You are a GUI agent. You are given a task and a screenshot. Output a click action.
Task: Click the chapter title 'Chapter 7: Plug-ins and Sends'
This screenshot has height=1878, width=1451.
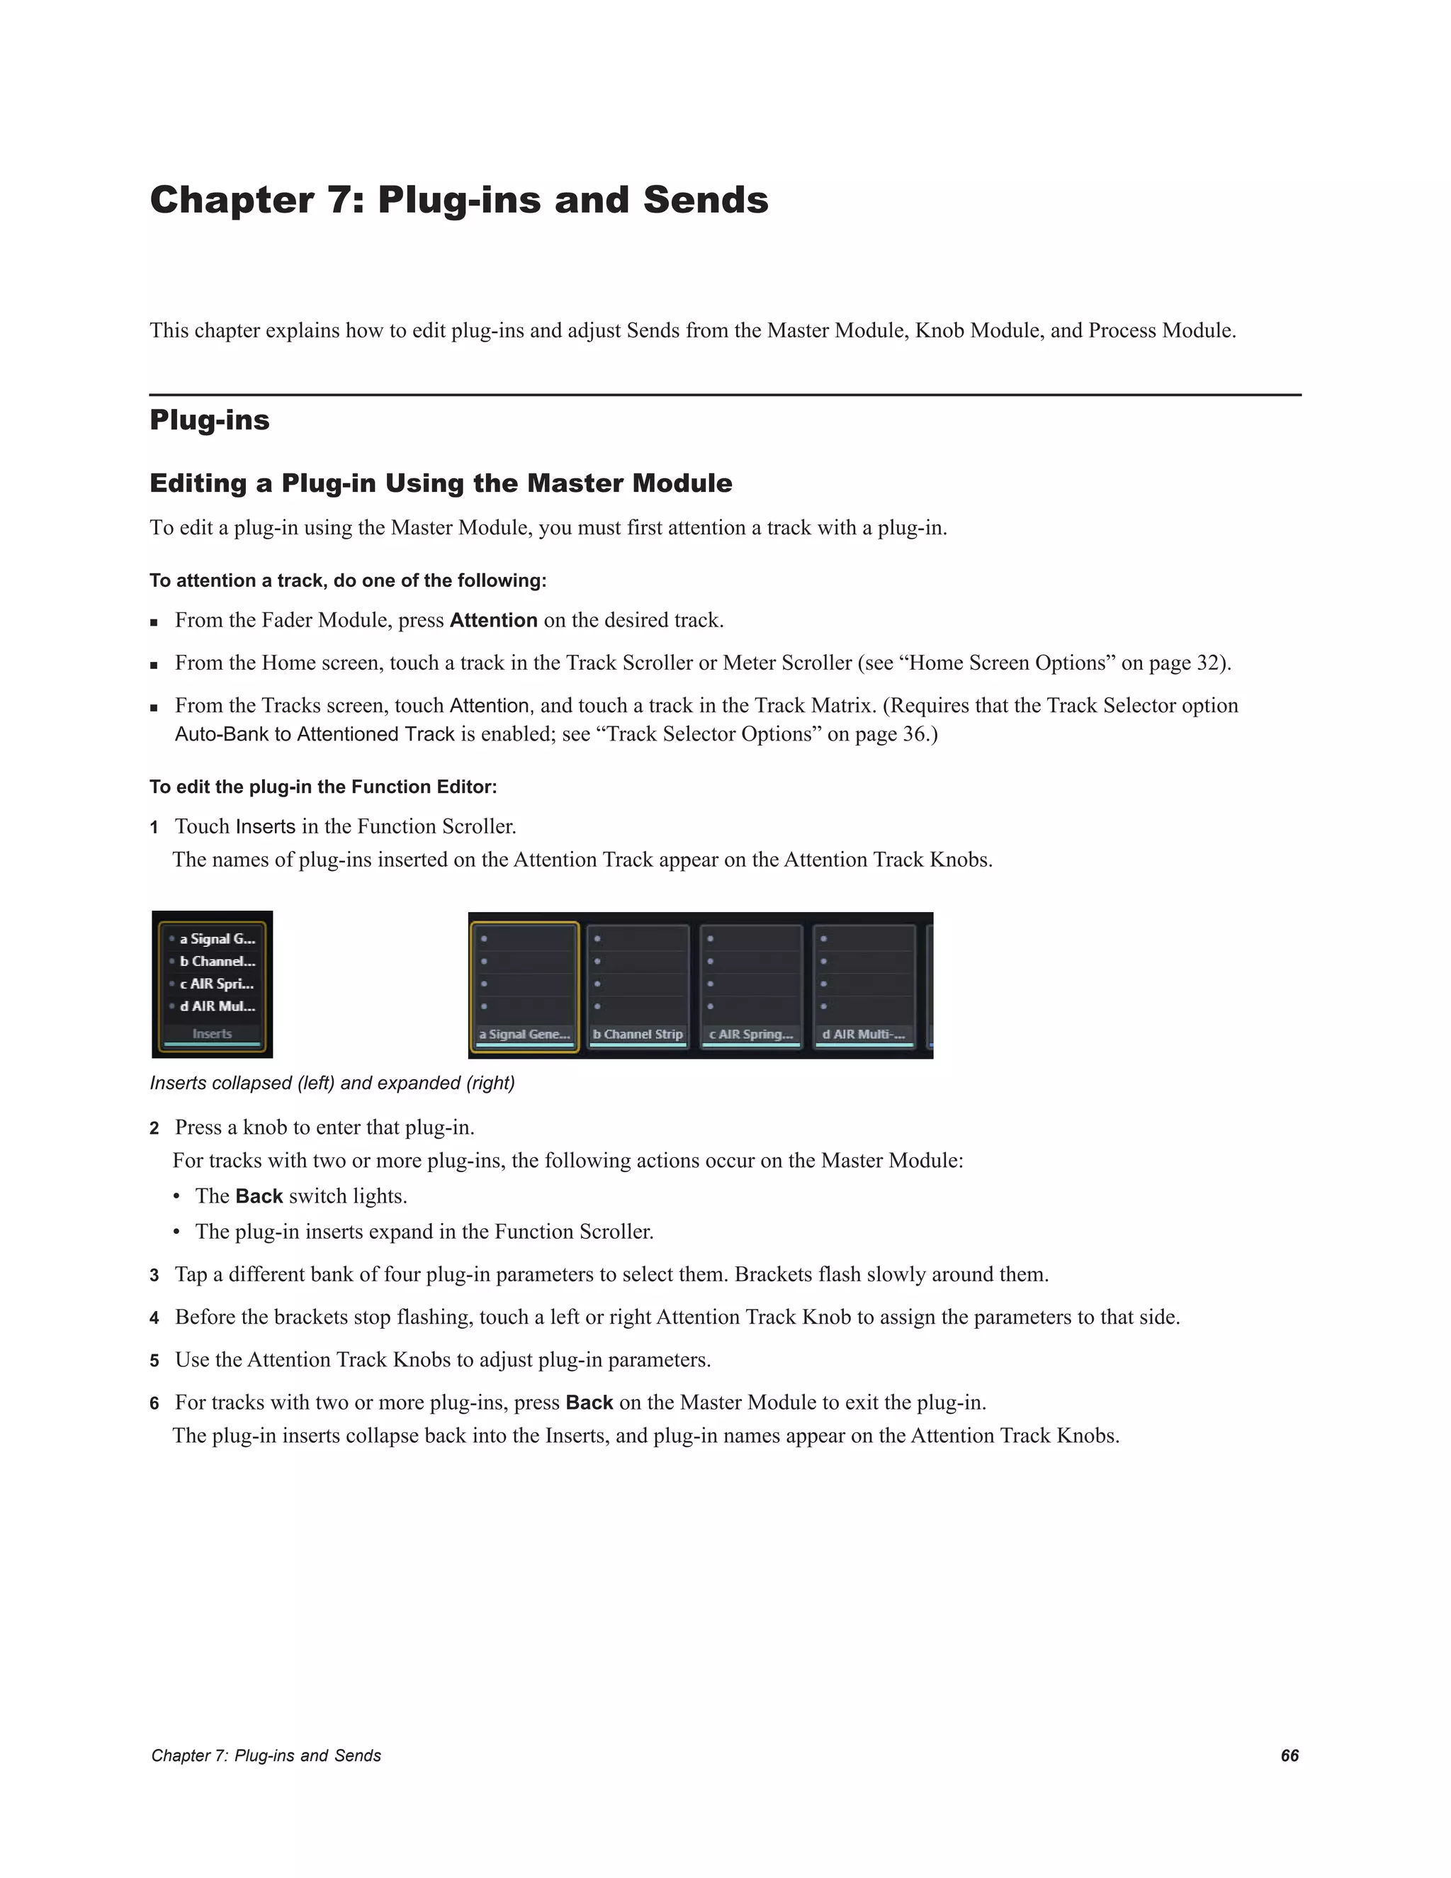[458, 201]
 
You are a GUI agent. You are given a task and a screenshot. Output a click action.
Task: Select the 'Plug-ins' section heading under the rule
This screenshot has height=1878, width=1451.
[209, 420]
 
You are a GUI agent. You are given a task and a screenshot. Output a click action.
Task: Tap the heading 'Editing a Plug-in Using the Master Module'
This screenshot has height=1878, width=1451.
[440, 483]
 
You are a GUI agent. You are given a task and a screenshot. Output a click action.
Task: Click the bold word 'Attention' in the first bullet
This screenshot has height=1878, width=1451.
[493, 620]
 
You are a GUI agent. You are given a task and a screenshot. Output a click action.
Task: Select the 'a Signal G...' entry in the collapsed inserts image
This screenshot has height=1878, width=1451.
[217, 939]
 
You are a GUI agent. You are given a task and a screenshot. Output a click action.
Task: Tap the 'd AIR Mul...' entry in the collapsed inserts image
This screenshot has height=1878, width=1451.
[217, 1006]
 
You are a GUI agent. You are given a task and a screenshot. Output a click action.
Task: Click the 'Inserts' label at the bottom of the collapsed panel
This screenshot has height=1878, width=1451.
[213, 1033]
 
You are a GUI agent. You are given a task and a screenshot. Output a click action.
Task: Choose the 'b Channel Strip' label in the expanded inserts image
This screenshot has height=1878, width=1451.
[638, 1035]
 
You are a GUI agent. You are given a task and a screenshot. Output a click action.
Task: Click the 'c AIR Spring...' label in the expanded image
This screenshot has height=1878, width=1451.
[750, 1035]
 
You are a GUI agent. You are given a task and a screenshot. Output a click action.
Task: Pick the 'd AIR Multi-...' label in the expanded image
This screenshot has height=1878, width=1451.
[864, 1035]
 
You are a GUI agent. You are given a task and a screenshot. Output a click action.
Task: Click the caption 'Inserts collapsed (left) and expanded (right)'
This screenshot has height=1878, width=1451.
[332, 1084]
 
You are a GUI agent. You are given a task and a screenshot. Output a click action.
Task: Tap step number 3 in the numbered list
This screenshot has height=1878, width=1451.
[154, 1275]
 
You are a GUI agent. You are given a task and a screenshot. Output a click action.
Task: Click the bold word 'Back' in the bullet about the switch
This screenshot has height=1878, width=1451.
[259, 1196]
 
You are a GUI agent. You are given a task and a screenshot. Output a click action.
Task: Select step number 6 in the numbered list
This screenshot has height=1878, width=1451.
[154, 1403]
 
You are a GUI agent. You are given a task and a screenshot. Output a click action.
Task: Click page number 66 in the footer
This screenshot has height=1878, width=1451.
[1289, 1756]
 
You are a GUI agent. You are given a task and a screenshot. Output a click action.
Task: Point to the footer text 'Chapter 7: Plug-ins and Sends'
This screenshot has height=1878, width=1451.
[266, 1756]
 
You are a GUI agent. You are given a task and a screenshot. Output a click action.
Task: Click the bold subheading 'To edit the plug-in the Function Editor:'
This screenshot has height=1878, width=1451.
[323, 787]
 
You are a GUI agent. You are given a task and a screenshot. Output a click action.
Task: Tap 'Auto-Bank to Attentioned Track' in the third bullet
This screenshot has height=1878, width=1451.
[315, 734]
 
